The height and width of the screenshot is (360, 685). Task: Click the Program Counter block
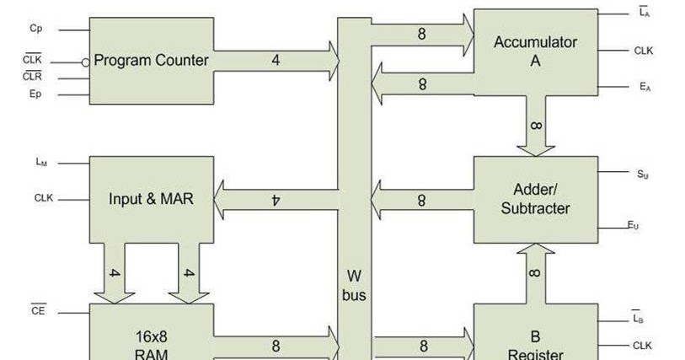pyautogui.click(x=151, y=61)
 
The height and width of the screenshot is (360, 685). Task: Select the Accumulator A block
pyautogui.click(x=535, y=51)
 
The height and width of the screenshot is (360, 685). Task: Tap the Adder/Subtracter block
pyautogui.click(x=535, y=199)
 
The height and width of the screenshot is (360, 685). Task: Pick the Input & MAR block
pyautogui.click(x=151, y=199)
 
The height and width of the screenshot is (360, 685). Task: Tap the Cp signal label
pyautogui.click(x=36, y=29)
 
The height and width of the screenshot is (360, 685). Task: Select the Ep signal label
pyautogui.click(x=35, y=94)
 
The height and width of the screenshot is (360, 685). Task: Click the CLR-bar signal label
pyautogui.click(x=33, y=77)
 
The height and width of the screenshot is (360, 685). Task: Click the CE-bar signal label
pyautogui.click(x=39, y=311)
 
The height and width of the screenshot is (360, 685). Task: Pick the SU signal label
pyautogui.click(x=643, y=175)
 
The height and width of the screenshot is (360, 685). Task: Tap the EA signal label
pyautogui.click(x=644, y=87)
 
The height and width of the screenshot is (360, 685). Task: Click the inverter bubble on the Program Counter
pyautogui.click(x=85, y=62)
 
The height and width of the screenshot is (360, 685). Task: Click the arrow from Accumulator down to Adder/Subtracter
pyautogui.click(x=535, y=126)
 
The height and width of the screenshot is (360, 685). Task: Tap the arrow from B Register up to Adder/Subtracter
pyautogui.click(x=535, y=271)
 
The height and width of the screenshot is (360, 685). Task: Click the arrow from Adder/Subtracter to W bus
pyautogui.click(x=421, y=200)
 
